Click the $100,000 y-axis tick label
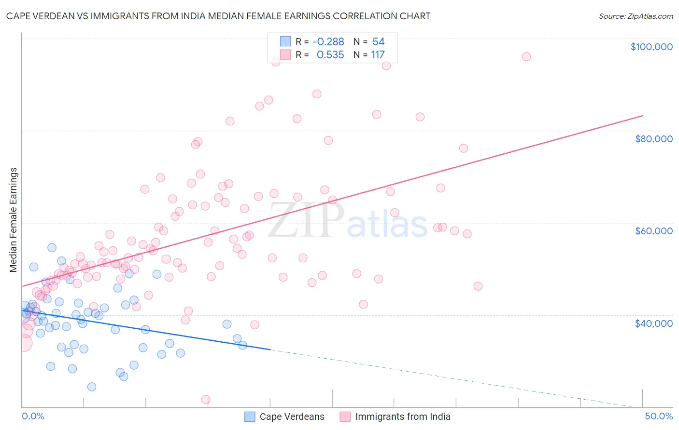651,47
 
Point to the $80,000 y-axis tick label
653,139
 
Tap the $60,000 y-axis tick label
653,231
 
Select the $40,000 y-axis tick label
653,323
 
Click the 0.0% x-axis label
33,417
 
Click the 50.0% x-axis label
658,417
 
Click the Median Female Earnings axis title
14,220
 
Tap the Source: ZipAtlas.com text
636,16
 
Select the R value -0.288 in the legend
328,42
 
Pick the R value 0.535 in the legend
330,55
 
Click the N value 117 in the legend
378,55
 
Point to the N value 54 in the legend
378,42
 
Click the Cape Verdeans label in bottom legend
292,417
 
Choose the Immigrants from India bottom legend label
402,417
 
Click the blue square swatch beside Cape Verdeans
250,417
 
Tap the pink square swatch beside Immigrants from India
345,417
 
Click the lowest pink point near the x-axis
206,400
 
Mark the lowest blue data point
91,387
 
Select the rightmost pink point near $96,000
526,57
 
